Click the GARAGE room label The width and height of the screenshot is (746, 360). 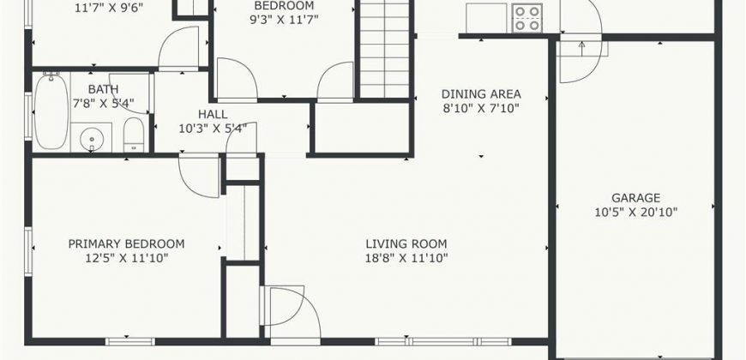coord(635,198)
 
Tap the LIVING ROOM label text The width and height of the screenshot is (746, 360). coord(406,244)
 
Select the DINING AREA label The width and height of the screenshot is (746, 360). coord(481,93)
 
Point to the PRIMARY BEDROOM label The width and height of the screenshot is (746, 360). coord(126,244)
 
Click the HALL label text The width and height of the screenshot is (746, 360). coord(213,115)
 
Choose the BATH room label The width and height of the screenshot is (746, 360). coord(103,89)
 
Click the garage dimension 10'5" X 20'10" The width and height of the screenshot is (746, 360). coord(635,212)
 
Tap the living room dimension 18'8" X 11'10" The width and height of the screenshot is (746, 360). coord(406,258)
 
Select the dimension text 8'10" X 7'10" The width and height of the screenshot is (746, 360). coord(481,108)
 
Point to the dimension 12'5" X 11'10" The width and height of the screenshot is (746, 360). coord(126,258)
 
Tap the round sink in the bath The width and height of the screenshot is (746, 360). coord(92,139)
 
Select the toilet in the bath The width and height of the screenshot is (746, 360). coord(134,135)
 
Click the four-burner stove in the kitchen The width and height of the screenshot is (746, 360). coord(527,18)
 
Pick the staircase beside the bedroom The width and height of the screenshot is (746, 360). coord(384,49)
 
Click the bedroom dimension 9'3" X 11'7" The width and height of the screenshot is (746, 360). coord(284,20)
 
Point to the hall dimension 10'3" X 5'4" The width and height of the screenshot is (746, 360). coord(213,129)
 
